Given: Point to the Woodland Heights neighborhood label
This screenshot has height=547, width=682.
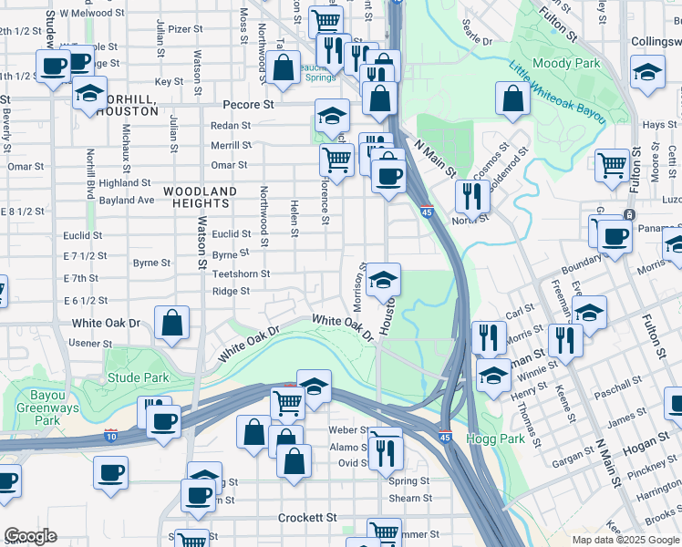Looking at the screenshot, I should (200, 197).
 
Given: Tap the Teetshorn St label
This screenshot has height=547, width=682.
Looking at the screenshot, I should (241, 273).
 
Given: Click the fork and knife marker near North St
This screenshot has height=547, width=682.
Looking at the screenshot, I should (472, 194).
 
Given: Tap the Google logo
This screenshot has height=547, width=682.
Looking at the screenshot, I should (30, 536).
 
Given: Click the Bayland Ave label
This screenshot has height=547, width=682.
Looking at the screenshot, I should (127, 200).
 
